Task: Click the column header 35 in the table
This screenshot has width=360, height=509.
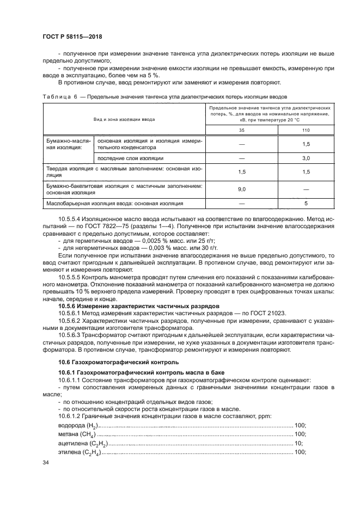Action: [x=242, y=130]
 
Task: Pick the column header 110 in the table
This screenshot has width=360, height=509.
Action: [x=306, y=130]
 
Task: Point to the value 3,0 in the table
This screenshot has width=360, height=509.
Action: [x=306, y=158]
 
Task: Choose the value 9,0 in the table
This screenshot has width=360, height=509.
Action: [x=242, y=189]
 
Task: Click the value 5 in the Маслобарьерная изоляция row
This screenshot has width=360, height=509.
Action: [x=306, y=204]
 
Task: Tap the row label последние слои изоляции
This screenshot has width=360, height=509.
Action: [x=130, y=158]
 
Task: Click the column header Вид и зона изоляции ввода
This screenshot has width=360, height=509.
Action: [x=124, y=118]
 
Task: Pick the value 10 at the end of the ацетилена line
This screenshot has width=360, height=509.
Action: [x=298, y=443]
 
